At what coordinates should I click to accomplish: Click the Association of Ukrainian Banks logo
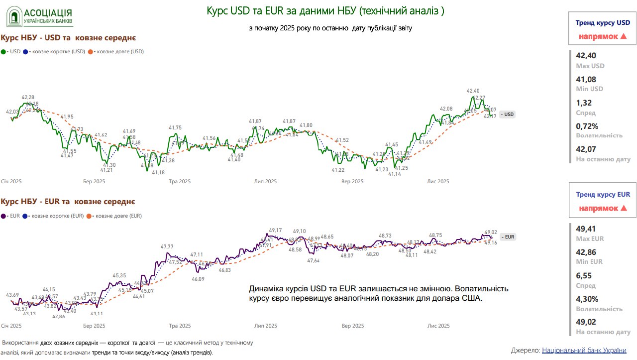(x=39, y=16)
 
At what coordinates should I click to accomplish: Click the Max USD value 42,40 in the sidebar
(x=586, y=56)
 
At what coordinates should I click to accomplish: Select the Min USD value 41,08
(x=586, y=79)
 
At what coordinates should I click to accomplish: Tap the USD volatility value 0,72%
(x=587, y=126)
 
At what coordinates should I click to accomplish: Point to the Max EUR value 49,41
(x=586, y=229)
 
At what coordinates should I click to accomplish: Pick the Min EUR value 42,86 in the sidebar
(x=586, y=252)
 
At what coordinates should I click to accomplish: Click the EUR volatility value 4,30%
(x=587, y=299)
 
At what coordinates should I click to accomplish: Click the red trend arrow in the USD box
(x=623, y=36)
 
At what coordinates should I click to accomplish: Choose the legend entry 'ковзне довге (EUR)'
(x=114, y=216)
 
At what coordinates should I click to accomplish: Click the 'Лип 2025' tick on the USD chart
(x=265, y=182)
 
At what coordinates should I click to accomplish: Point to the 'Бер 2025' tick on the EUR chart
(x=94, y=326)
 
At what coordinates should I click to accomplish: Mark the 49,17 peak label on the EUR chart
(x=275, y=230)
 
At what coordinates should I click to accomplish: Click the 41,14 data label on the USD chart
(x=395, y=174)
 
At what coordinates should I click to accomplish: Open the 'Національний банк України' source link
(x=584, y=351)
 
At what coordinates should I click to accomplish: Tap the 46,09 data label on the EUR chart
(x=198, y=279)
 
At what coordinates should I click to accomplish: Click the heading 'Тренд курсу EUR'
(x=603, y=195)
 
